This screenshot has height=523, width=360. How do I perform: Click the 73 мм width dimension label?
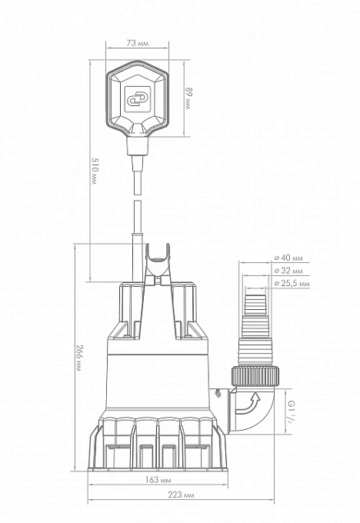click(x=138, y=43)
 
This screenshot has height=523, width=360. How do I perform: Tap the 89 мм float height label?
click(x=188, y=98)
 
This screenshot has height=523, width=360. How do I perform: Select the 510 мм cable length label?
click(x=95, y=172)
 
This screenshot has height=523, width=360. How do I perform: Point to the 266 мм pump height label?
click(x=78, y=359)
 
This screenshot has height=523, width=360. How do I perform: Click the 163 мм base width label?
click(x=158, y=480)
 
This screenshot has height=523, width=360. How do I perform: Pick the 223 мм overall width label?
click(x=181, y=495)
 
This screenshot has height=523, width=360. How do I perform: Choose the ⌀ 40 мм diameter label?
click(x=288, y=258)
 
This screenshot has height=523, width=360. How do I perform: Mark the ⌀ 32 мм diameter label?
click(x=288, y=271)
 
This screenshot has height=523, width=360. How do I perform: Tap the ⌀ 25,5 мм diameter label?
click(x=292, y=284)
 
